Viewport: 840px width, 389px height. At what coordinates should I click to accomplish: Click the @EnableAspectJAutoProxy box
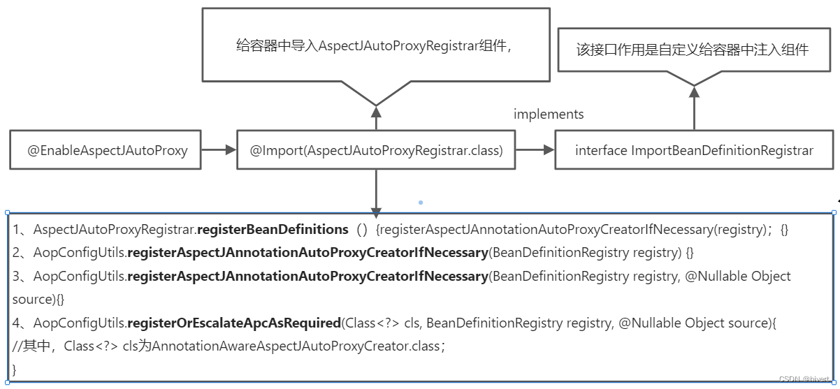pos(108,149)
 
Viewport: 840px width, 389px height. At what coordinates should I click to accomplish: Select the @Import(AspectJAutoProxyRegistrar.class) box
pos(376,149)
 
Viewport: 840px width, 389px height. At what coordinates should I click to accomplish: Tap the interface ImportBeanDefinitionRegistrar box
pos(694,149)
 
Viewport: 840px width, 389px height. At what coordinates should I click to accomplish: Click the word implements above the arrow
pos(549,114)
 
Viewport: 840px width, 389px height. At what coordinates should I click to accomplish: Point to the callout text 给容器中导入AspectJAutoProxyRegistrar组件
pos(375,46)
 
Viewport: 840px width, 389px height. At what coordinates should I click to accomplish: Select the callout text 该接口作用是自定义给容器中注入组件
pos(693,49)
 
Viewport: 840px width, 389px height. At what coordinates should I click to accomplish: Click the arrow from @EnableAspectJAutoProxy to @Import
pos(219,149)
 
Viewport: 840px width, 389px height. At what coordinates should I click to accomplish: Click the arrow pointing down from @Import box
pos(376,192)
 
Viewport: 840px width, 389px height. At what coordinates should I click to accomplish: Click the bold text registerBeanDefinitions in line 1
pos(273,229)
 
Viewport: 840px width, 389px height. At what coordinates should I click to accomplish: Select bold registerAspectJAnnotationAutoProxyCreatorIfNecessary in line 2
pos(307,252)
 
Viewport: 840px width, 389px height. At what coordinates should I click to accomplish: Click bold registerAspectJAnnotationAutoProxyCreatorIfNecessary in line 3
pos(307,276)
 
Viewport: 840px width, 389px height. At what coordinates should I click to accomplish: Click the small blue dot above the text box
pos(421,203)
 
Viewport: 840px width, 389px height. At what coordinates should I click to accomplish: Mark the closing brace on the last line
pos(15,369)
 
